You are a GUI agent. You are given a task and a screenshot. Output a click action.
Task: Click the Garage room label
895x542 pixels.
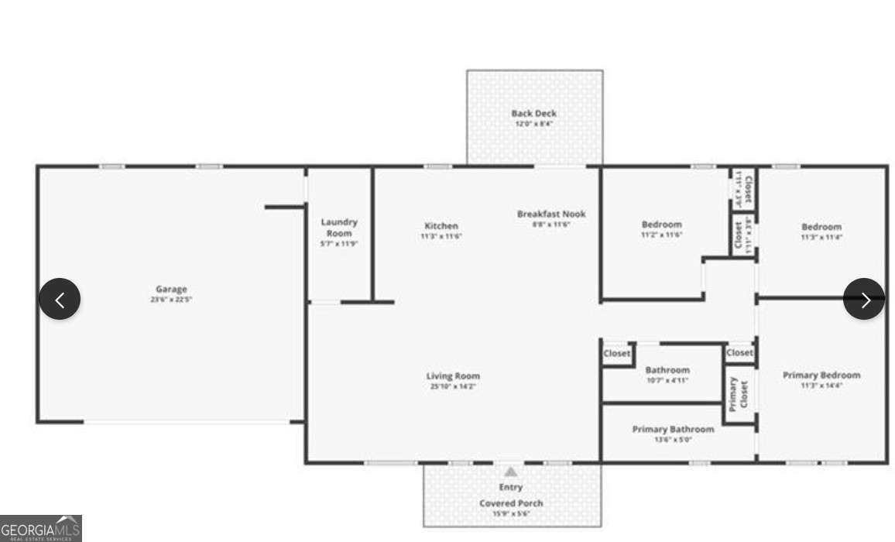[171, 289]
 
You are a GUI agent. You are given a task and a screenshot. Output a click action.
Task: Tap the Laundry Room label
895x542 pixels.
[339, 228]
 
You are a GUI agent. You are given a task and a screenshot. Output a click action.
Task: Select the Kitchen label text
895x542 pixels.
[441, 226]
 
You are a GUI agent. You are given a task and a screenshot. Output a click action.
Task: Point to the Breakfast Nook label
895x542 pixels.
[551, 214]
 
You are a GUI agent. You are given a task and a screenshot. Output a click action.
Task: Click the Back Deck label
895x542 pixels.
[533, 113]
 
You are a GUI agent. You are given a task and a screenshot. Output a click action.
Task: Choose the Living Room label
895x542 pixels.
[453, 376]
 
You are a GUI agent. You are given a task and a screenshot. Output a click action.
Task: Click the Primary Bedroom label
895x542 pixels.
[821, 375]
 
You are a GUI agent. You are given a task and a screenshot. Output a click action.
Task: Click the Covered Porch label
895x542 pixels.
[510, 503]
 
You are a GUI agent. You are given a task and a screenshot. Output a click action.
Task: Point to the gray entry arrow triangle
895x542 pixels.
[511, 472]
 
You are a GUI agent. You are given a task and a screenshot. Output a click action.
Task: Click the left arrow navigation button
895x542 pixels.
[60, 299]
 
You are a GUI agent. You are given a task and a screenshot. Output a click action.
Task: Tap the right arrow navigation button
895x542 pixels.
[864, 299]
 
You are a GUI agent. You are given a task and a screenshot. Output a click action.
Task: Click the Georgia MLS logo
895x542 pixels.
[40, 529]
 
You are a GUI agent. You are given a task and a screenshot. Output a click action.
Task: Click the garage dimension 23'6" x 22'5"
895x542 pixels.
[171, 300]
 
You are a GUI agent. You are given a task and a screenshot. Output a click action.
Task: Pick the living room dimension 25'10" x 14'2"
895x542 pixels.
[453, 386]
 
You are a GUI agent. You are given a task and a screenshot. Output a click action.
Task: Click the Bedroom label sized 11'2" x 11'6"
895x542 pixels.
[661, 225]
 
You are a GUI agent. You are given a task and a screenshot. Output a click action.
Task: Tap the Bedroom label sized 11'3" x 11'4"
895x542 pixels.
[821, 227]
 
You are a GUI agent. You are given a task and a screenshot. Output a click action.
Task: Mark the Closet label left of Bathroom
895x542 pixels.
[617, 353]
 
